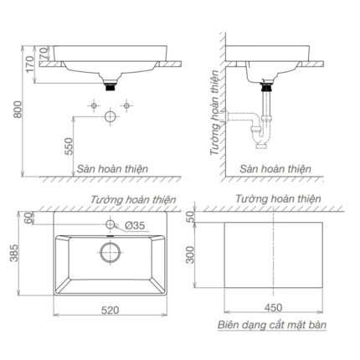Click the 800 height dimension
click(x=10, y=106)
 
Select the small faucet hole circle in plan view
click(x=110, y=225)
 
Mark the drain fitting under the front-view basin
click(x=110, y=84)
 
